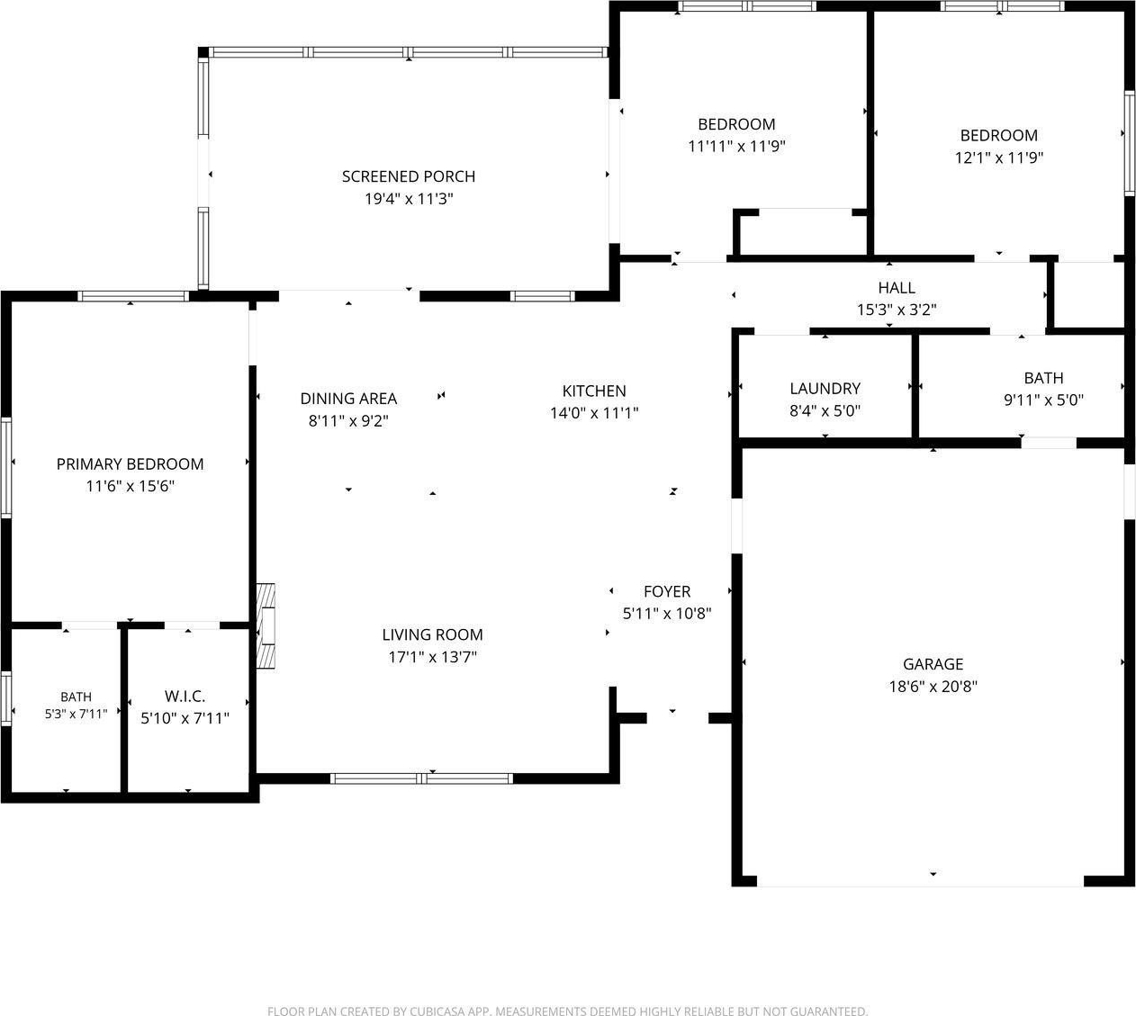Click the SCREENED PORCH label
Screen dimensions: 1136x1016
pos(408,176)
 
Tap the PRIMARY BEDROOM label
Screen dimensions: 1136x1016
pos(131,464)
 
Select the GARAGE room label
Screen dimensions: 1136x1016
pos(933,664)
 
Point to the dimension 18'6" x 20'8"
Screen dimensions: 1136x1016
pos(933,687)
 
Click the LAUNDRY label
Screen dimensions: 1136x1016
pos(825,389)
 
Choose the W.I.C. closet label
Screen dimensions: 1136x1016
pos(185,696)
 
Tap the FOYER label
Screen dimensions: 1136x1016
pos(667,591)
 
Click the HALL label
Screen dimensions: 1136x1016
pos(897,288)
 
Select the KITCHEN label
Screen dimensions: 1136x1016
pos(594,391)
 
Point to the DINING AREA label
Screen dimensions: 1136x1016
pos(348,399)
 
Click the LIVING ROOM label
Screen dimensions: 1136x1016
pos(432,634)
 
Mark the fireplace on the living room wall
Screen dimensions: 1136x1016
pos(266,626)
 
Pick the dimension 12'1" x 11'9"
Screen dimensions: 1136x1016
pos(998,157)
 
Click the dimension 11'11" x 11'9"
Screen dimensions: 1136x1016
pos(736,147)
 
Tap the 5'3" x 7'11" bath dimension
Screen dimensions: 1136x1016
pos(76,715)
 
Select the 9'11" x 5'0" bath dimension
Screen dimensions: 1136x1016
pos(1043,400)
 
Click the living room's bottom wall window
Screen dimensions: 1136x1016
pos(421,778)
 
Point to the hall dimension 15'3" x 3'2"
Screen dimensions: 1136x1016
pos(897,310)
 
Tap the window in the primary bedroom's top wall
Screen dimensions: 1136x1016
pos(133,296)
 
